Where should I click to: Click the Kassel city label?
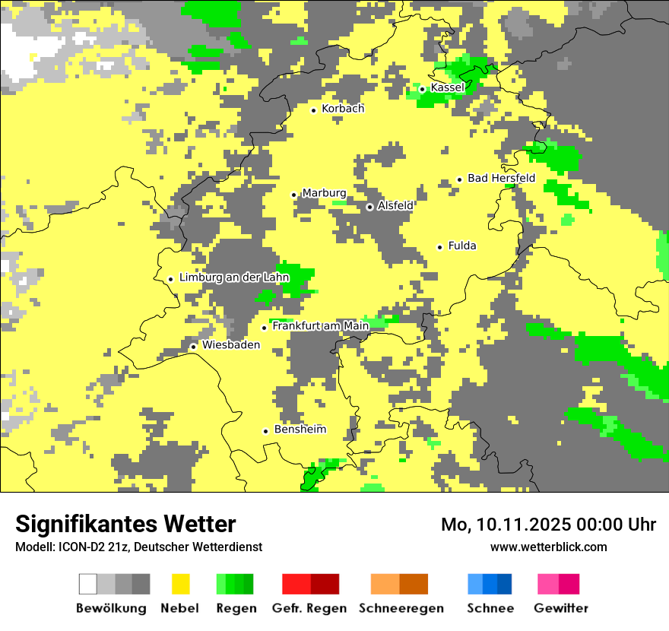point(447,88)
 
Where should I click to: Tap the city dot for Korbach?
point(313,110)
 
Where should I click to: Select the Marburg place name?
point(324,194)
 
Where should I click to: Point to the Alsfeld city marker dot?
point(369,207)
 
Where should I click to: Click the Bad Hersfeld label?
point(501,179)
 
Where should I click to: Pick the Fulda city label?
point(462,246)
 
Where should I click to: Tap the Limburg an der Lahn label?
point(234,278)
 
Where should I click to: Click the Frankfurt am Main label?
point(320,326)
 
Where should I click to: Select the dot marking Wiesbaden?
point(194,347)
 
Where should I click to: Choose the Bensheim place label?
point(300,430)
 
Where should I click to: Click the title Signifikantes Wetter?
point(125,524)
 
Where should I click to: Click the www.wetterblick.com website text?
point(548,547)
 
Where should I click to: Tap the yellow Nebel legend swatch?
point(181,584)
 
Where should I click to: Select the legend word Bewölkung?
point(111,608)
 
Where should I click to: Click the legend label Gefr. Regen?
point(309,608)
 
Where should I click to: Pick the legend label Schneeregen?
point(401,608)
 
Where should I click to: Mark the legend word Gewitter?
point(560,608)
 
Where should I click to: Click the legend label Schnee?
point(490,608)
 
